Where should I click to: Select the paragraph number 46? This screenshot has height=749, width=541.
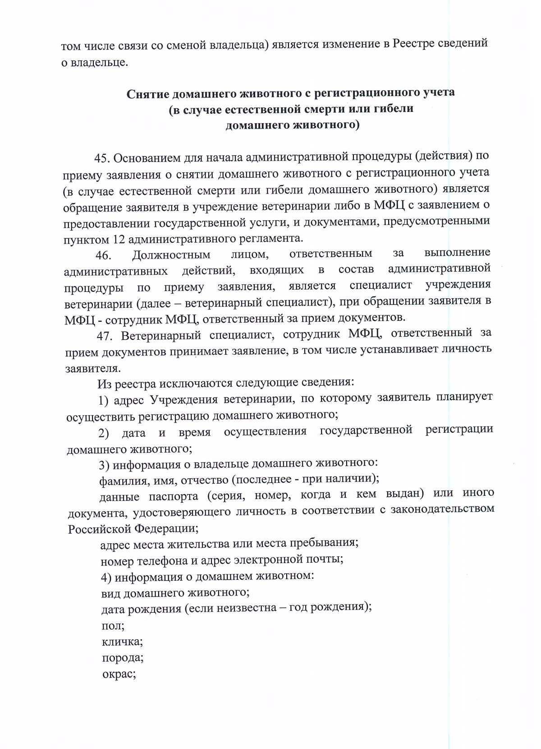(x=103, y=256)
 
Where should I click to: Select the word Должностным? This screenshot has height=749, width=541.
(x=171, y=255)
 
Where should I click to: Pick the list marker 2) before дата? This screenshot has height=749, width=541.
(x=104, y=434)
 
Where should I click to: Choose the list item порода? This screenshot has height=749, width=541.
(x=123, y=658)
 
